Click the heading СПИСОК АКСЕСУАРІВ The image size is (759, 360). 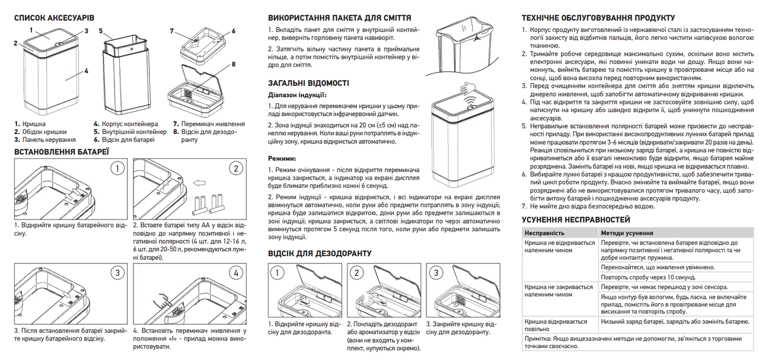(x=54, y=18)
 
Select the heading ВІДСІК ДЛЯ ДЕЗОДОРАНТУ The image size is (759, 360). (x=320, y=253)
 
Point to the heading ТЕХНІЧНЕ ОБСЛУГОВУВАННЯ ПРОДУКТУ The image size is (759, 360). (x=597, y=18)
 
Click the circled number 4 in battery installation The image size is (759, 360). (x=236, y=274)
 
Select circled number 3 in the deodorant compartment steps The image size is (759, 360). (x=435, y=273)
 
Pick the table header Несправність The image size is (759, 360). (x=544, y=234)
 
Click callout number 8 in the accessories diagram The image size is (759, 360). (x=234, y=64)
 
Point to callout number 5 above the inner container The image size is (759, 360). (x=101, y=30)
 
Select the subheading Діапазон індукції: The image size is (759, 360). (x=297, y=94)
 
